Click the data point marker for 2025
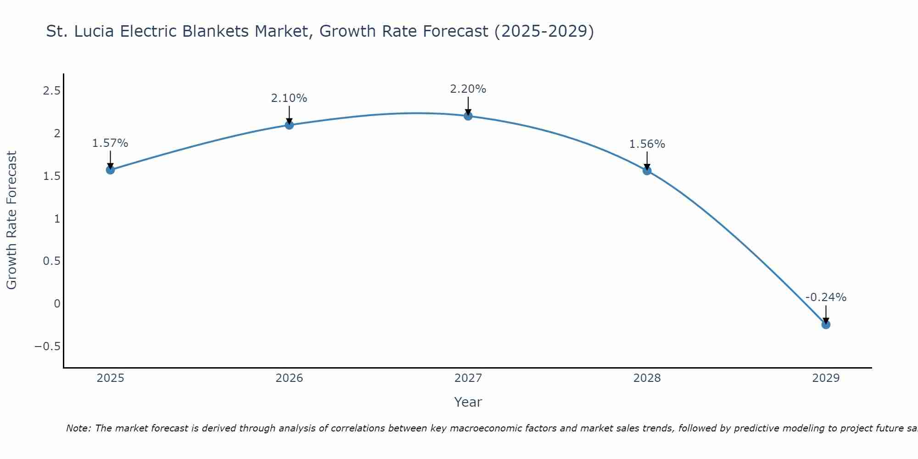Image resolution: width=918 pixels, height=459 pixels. coord(110,170)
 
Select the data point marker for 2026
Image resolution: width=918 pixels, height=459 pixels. coord(289,125)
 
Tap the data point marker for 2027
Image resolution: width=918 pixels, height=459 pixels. coord(468,116)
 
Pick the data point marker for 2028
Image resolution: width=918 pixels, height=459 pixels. coord(647,171)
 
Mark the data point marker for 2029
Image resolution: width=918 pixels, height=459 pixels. coord(826,325)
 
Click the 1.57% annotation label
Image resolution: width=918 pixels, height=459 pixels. coord(110,143)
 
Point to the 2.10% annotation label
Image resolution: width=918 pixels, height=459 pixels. coord(289,98)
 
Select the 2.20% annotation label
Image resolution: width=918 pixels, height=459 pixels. coord(468,89)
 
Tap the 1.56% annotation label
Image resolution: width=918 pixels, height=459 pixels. coord(647,144)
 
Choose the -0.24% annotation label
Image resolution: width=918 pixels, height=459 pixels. coord(826,297)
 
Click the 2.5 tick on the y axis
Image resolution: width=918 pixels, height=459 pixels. coord(51,91)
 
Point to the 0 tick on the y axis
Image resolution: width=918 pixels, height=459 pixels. coord(57,303)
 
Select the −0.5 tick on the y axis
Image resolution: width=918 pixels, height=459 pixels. coord(48,346)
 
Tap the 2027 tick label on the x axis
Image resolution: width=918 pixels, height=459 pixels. coord(468,378)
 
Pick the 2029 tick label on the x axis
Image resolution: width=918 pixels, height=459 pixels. coord(826,378)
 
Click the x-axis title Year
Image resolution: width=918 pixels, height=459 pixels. coord(468,402)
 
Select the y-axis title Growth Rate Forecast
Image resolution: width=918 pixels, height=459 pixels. coord(12,220)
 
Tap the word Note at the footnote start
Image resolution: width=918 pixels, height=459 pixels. coord(78,428)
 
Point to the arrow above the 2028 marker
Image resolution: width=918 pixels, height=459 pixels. coord(647,160)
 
